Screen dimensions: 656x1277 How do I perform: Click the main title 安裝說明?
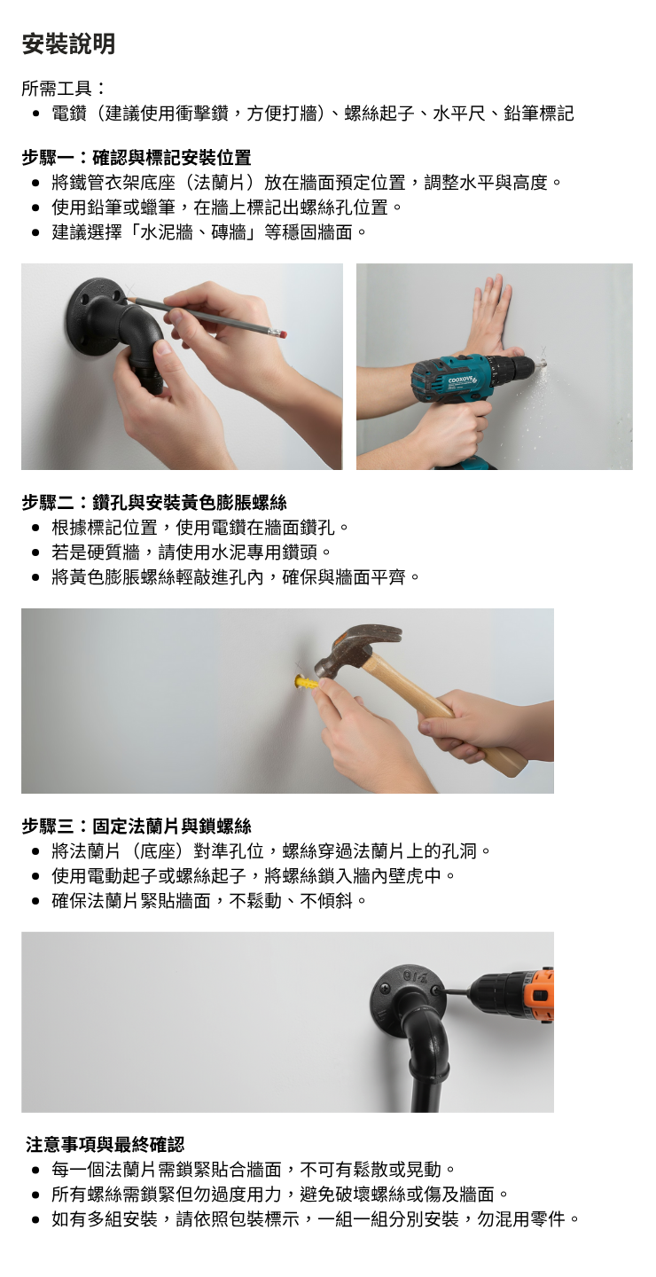pyautogui.click(x=68, y=44)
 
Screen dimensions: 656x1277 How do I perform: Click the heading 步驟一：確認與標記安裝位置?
pyautogui.click(x=137, y=157)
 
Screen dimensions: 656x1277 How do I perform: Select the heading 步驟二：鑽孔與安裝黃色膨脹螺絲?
pyautogui.click(x=154, y=502)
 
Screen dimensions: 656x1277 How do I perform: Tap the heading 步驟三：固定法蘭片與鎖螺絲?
pyautogui.click(x=137, y=826)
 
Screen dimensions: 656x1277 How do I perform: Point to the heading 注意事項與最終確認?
pyautogui.click(x=105, y=1144)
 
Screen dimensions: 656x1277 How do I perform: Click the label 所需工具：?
pyautogui.click(x=64, y=89)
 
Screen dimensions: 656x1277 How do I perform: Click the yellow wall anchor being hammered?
pyautogui.click(x=305, y=683)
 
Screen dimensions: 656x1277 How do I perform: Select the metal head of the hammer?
pyautogui.click(x=355, y=647)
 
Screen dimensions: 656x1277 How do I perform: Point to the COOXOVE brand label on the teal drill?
pyautogui.click(x=460, y=380)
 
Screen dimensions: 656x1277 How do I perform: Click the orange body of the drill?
pyautogui.click(x=539, y=997)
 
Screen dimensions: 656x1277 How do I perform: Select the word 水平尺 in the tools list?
pyautogui.click(x=459, y=114)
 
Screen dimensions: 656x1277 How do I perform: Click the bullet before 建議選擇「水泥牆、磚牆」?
pyautogui.click(x=36, y=232)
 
